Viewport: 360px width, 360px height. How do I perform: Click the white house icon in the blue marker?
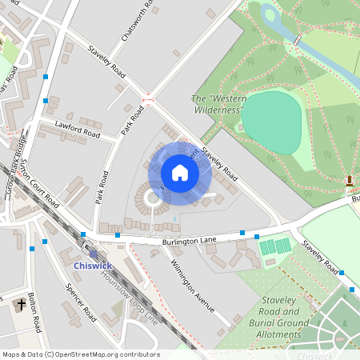click(180, 173)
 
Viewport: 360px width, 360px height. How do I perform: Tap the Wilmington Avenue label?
click(194, 282)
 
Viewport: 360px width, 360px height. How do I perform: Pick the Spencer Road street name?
click(82, 302)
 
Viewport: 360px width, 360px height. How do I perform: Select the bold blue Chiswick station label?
click(93, 265)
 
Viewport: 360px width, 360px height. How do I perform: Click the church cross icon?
click(21, 305)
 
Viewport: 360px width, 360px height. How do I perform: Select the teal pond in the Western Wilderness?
click(272, 120)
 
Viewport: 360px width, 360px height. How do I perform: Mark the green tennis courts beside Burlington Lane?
click(274, 246)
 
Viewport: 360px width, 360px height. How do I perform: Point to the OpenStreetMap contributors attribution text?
click(80, 354)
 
